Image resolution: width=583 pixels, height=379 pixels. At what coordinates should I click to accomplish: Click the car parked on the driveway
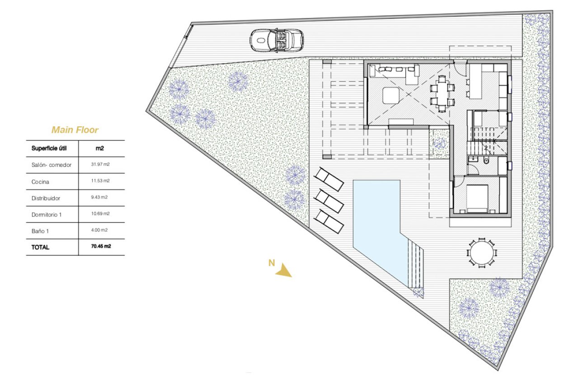(276, 40)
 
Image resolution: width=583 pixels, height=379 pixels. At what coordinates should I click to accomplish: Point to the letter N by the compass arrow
(271, 263)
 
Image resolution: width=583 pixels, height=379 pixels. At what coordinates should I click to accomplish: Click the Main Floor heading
(75, 130)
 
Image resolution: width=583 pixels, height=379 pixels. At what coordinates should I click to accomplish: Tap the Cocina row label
(40, 181)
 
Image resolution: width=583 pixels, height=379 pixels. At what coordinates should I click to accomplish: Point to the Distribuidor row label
(46, 198)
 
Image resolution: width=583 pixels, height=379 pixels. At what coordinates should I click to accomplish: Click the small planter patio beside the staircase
(438, 143)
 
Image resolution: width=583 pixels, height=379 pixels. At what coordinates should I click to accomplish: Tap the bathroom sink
(473, 159)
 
